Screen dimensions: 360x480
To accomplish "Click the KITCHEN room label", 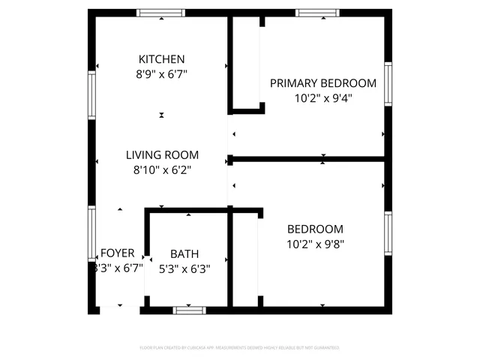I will tap(161, 59).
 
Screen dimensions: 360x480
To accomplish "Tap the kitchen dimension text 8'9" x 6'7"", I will tap(161, 74).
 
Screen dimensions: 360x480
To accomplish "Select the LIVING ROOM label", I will tap(161, 155).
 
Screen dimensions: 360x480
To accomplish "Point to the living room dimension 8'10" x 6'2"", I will tap(161, 170).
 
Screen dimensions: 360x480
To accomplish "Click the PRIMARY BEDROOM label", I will tap(322, 83).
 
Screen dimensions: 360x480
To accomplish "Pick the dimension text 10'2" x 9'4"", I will tap(322, 97).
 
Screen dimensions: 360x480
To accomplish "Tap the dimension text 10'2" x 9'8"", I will tap(315, 244).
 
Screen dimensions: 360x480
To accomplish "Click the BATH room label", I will tap(184, 254).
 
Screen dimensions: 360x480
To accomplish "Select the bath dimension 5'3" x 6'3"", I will tap(184, 268).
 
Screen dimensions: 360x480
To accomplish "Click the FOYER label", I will tap(118, 253).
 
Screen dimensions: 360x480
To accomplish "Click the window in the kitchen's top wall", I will tap(161, 13).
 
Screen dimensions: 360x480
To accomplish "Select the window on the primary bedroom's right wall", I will tap(388, 82).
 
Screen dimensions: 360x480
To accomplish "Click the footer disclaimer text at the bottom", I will tap(240, 348).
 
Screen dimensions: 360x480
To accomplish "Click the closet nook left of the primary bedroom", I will tap(245, 64).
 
